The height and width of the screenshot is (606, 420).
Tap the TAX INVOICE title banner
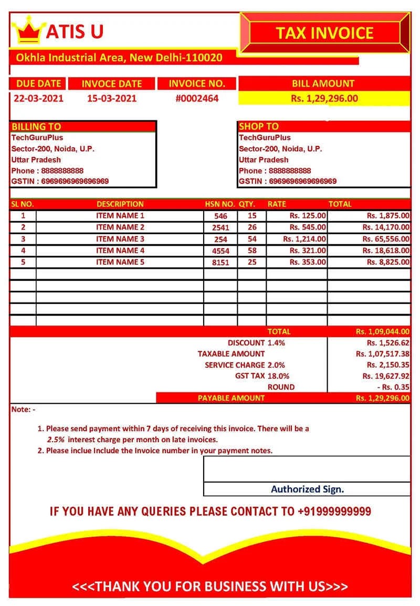pos(324,33)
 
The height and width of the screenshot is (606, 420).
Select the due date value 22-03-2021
pos(38,98)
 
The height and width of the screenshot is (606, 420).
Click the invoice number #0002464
pos(197,98)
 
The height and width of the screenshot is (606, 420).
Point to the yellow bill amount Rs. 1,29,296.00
pos(324,98)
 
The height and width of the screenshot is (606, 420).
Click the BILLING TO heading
pos(36,127)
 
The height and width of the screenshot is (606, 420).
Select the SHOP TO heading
pos(259,127)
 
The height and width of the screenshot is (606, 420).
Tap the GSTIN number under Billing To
pos(60,181)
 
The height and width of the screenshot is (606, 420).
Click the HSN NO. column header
pos(219,204)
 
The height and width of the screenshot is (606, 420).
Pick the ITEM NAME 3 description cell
pos(120,239)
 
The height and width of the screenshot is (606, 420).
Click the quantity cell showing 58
pos(252,250)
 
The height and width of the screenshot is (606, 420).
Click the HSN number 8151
pos(220,263)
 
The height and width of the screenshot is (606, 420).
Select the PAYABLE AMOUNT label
pos(231,398)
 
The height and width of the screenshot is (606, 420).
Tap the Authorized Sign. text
pos(307,489)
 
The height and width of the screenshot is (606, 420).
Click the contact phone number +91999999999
pos(334,511)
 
